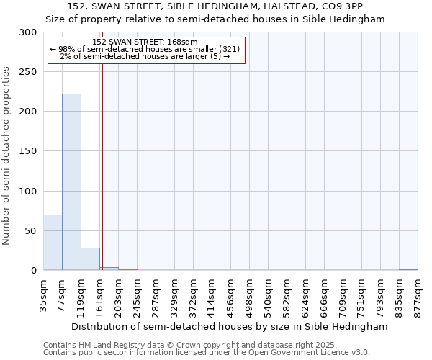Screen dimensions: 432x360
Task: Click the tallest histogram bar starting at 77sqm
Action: click(x=71, y=181)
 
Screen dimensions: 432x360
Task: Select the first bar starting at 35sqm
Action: click(x=53, y=243)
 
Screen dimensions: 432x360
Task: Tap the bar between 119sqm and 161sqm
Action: click(x=91, y=259)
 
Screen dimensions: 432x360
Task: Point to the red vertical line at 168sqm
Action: click(x=102, y=151)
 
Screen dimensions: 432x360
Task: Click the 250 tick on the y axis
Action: click(x=28, y=72)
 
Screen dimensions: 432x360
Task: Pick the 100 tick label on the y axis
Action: click(x=28, y=191)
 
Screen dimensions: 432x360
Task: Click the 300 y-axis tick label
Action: click(x=28, y=32)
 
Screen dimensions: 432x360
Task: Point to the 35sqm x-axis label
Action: click(x=43, y=296)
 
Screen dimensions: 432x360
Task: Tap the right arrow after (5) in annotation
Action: click(x=227, y=56)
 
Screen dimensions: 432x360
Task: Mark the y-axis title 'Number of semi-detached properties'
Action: click(x=6, y=156)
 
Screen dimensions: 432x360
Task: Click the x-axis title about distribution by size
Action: click(x=230, y=327)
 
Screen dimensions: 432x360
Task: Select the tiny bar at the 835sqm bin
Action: click(x=408, y=270)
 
